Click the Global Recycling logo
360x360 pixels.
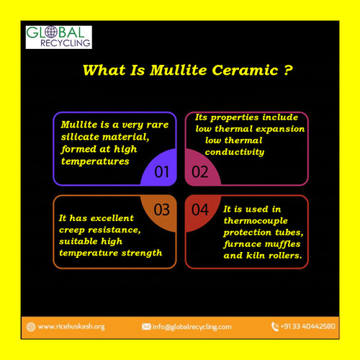pos(59,37)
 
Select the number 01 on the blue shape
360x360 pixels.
pos(162,171)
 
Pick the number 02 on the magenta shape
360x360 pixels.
pos(199,171)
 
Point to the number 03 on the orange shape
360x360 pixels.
pos(162,210)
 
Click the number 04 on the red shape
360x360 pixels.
pos(199,210)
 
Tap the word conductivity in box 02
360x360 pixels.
pos(235,152)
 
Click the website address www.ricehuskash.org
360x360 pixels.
pos(71,326)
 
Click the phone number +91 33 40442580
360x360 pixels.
pos(307,326)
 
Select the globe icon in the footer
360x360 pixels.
pos(30,326)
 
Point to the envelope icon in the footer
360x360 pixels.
pos(146,326)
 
